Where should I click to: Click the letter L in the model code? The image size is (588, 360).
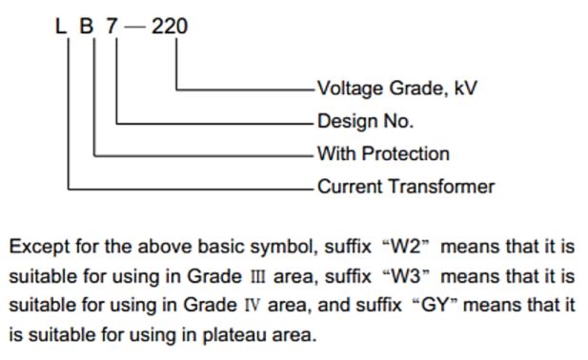(x=60, y=27)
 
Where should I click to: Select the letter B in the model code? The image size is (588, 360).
(x=87, y=27)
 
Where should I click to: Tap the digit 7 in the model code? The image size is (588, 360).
(x=112, y=27)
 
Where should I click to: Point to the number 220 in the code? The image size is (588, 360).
(x=170, y=27)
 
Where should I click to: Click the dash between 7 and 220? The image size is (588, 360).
(x=134, y=28)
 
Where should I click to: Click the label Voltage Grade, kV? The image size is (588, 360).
(x=397, y=89)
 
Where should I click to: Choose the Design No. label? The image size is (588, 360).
(x=365, y=121)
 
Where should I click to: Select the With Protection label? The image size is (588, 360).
(x=383, y=154)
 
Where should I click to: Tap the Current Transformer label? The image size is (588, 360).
(x=406, y=187)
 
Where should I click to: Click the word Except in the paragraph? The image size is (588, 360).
(x=39, y=248)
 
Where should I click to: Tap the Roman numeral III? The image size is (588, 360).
(x=257, y=277)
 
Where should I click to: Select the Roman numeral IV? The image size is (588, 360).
(x=252, y=306)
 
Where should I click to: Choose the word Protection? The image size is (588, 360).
(x=406, y=154)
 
